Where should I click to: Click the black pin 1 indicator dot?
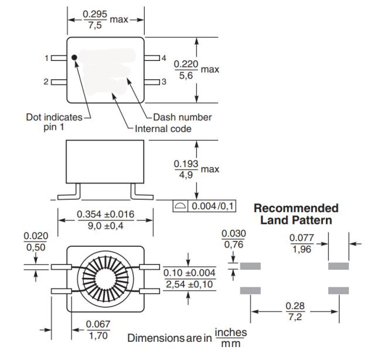click(74, 57)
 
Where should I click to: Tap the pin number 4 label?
click(164, 58)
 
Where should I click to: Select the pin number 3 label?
click(164, 81)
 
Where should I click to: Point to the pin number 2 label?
click(46, 81)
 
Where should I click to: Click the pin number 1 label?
click(46, 58)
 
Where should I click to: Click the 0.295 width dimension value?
click(95, 13)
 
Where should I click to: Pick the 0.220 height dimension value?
click(186, 64)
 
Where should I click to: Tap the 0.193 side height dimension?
click(186, 164)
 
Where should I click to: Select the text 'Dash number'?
click(182, 117)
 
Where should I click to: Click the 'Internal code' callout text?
click(163, 128)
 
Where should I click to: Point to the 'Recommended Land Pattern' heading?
click(296, 214)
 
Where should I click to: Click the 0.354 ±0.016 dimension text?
click(106, 215)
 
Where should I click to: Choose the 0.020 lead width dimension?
click(36, 236)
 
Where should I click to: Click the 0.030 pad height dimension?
click(233, 233)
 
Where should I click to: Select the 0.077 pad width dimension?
click(302, 238)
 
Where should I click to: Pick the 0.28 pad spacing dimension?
click(294, 306)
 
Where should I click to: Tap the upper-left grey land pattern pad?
click(250, 266)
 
